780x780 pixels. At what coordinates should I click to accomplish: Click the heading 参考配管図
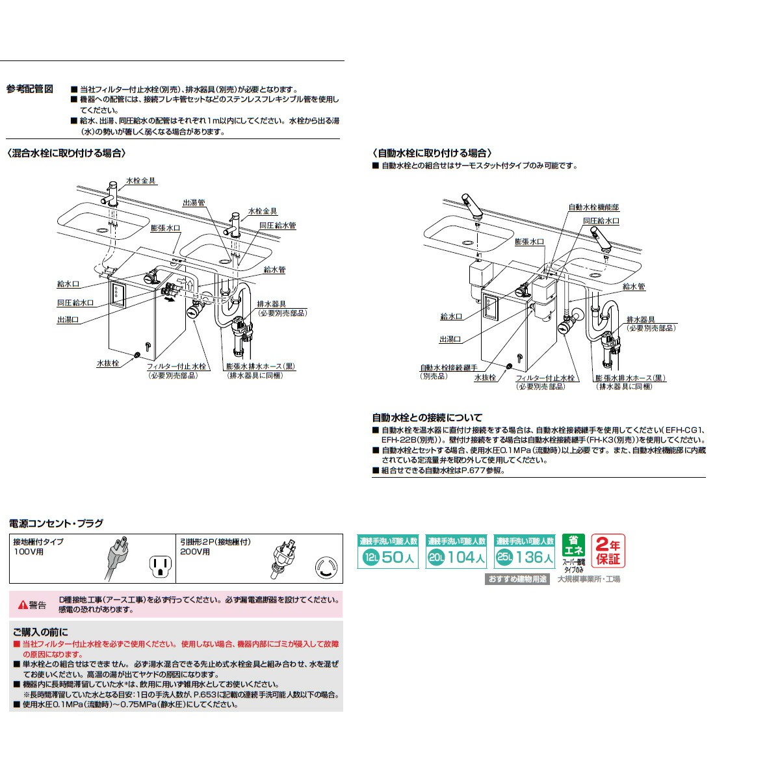(x=30, y=89)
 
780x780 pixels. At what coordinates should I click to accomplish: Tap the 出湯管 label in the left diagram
(x=194, y=203)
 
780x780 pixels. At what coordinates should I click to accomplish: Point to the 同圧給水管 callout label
(x=278, y=226)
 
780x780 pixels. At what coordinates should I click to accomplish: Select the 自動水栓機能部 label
(x=593, y=207)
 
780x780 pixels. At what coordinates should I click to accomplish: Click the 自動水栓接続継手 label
(x=448, y=368)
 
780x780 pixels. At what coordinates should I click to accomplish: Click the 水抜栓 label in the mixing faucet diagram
(x=108, y=363)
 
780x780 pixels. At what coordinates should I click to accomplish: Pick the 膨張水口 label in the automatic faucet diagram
(x=529, y=241)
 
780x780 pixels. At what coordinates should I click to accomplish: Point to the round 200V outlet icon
(x=326, y=567)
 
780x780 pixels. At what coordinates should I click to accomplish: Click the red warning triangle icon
(x=23, y=605)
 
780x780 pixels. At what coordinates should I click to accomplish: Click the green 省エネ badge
(x=573, y=546)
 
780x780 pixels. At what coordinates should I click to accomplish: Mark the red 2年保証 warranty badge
(x=608, y=551)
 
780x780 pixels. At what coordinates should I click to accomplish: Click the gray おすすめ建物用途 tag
(x=517, y=578)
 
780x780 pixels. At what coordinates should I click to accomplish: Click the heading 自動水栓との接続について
(x=427, y=417)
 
